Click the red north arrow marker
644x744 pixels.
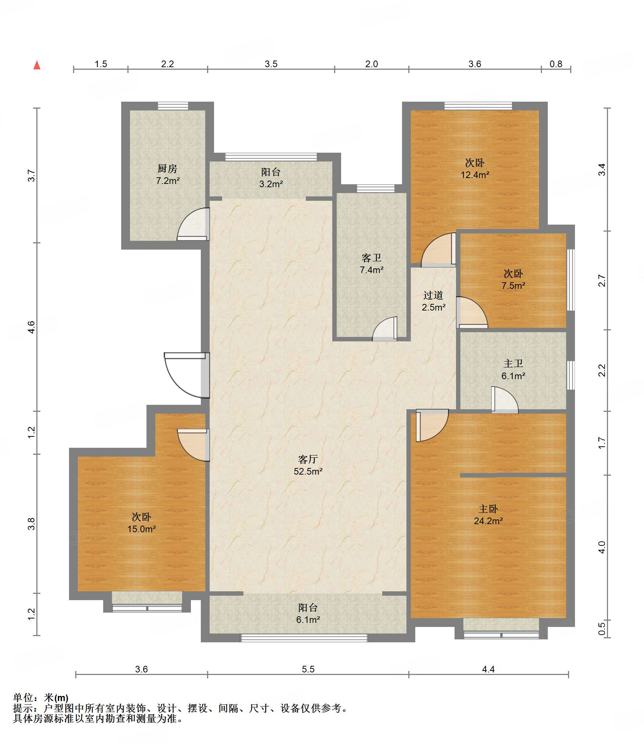coord(37,65)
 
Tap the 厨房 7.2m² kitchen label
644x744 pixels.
coord(168,174)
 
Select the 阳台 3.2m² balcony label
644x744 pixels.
coord(271,178)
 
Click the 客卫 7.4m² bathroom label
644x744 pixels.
coord(372,264)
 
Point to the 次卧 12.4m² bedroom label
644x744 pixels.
coord(475,168)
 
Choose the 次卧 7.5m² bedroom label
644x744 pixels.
coord(513,279)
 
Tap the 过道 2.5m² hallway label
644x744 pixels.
coord(433,301)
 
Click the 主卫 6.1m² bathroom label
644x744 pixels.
coord(513,370)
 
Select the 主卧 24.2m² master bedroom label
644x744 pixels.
coord(488,515)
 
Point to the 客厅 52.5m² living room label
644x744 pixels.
coord(308,465)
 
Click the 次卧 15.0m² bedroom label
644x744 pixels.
coord(141,523)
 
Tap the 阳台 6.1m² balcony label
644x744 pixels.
coord(308,613)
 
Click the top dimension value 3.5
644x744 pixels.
coord(271,64)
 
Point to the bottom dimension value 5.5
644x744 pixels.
coord(308,669)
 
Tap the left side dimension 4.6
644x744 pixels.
coord(32,327)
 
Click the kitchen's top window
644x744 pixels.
coord(173,106)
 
